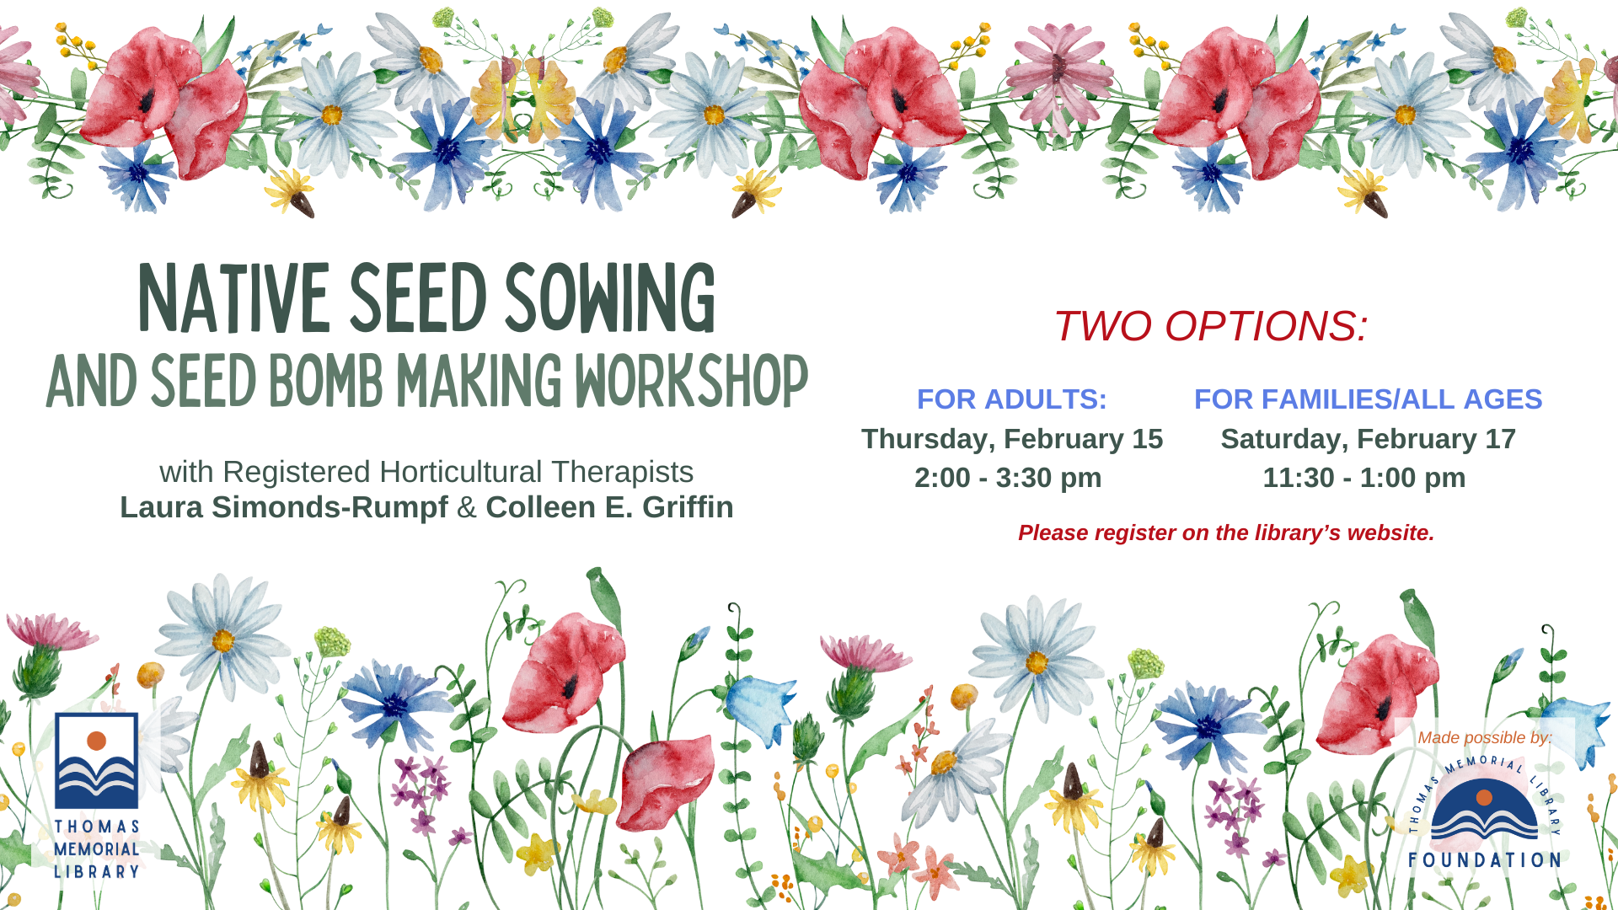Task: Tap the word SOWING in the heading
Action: [610, 298]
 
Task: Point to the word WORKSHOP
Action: [691, 381]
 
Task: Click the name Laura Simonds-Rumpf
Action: [284, 507]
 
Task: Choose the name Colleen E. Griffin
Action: [609, 507]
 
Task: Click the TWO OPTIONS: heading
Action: [1210, 326]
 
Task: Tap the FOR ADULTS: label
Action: [1011, 399]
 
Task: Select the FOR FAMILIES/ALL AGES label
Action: [1368, 399]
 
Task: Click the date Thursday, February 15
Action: [1011, 439]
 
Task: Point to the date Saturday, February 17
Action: [1368, 439]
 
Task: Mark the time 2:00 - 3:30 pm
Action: [1008, 478]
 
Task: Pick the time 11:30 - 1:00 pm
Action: [1364, 478]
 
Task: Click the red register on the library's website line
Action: [1226, 533]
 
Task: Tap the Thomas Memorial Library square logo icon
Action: [96, 761]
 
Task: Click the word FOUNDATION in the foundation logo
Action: [1484, 860]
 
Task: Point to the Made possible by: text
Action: [1484, 737]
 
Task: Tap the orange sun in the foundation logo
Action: [1485, 797]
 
